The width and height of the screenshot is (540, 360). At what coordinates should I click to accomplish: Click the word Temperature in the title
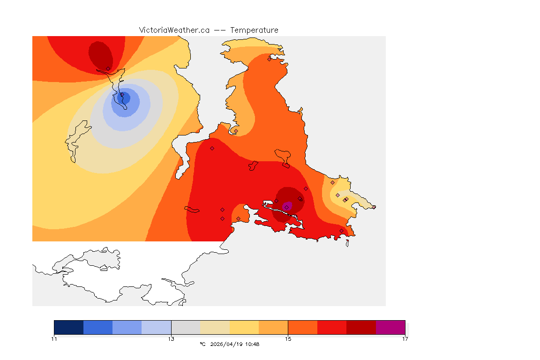tap(254, 30)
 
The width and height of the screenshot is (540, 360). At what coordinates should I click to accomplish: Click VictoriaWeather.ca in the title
tap(174, 30)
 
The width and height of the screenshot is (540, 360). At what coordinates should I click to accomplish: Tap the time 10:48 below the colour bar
tap(252, 344)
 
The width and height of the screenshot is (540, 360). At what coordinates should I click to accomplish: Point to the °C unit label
tap(202, 344)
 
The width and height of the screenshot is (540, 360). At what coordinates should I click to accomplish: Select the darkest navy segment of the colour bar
tap(69, 327)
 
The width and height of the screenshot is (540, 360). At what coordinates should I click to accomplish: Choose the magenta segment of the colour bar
tap(390, 327)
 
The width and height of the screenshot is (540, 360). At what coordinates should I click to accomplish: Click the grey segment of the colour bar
tap(186, 327)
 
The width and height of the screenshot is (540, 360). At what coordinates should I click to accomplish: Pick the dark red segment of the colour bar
tap(361, 327)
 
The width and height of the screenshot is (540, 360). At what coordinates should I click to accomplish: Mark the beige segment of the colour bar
tap(215, 327)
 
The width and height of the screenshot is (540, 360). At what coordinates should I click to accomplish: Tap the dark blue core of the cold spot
tap(125, 98)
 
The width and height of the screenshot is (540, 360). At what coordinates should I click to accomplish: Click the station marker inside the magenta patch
tap(286, 207)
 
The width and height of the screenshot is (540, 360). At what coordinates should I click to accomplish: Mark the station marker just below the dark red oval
tap(108, 68)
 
